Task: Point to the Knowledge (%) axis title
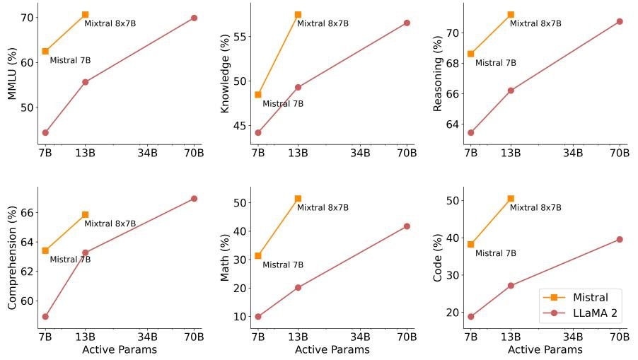click(225, 74)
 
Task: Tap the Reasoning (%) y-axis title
click(438, 74)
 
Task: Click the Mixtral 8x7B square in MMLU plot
click(86, 14)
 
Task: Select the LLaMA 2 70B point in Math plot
click(407, 226)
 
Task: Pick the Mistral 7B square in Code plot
click(470, 244)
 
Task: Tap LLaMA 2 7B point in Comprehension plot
click(45, 316)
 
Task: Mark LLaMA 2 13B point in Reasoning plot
click(511, 91)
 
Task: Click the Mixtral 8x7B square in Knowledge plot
click(298, 14)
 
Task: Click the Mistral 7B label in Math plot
click(283, 265)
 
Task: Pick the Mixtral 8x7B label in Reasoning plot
click(535, 23)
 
